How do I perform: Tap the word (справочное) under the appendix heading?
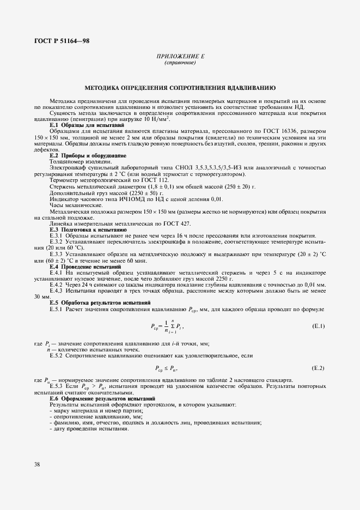point(180,63)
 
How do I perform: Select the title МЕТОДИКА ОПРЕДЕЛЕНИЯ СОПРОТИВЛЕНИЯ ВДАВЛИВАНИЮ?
point(180,87)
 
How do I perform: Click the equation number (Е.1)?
point(318,326)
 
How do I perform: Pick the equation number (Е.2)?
point(318,368)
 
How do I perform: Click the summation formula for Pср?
point(167,326)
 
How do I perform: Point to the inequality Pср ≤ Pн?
point(167,368)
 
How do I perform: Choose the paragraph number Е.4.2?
point(57,284)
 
